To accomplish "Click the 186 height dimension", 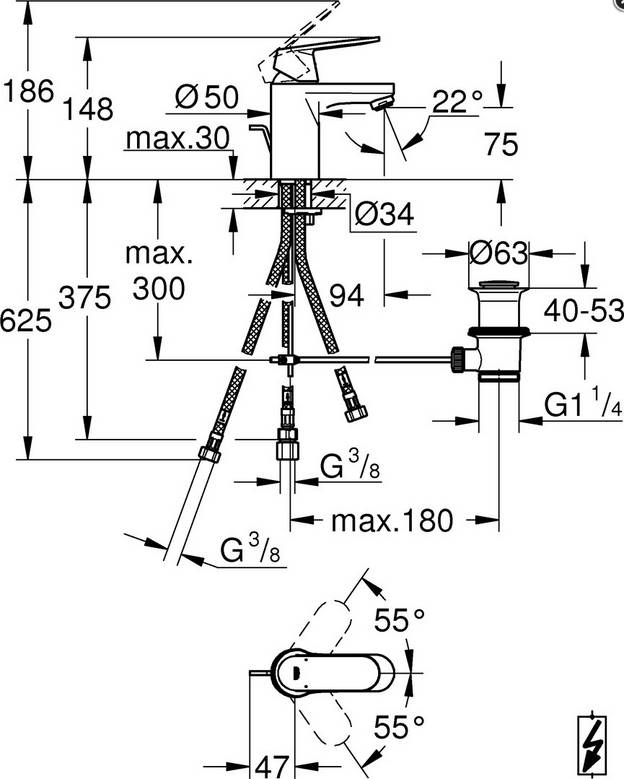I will pos(27,93).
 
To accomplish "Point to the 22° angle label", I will pos(458,99).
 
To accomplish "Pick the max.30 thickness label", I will pos(178,138).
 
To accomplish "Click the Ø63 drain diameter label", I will pos(498,253).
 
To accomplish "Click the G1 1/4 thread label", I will pos(584,404).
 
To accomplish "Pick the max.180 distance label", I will pos(393,520).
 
